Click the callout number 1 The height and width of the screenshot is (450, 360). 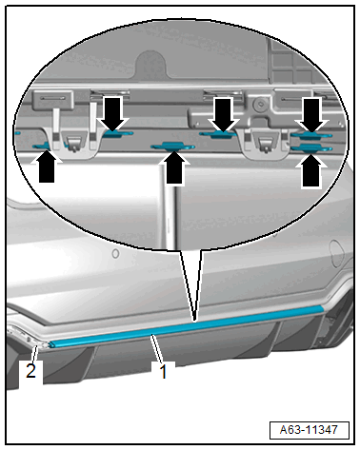(163, 371)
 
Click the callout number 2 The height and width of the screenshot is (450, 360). (30, 370)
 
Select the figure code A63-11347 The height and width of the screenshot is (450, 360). (309, 430)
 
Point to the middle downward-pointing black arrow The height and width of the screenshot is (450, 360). (223, 114)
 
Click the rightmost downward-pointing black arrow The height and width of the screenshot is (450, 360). (312, 115)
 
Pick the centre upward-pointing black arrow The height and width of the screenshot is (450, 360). (174, 167)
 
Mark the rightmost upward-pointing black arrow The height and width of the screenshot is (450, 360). (311, 169)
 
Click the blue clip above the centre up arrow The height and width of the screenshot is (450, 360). (172, 147)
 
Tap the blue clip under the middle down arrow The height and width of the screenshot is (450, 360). (218, 134)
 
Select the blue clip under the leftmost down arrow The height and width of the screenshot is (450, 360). (116, 133)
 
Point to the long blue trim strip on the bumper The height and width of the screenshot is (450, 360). (187, 325)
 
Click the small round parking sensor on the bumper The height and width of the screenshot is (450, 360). (115, 253)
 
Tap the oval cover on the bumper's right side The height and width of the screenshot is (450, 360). (337, 253)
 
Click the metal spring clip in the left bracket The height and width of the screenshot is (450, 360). (74, 144)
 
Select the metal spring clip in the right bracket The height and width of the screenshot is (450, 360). (266, 145)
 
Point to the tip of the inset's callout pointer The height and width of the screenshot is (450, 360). (194, 321)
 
